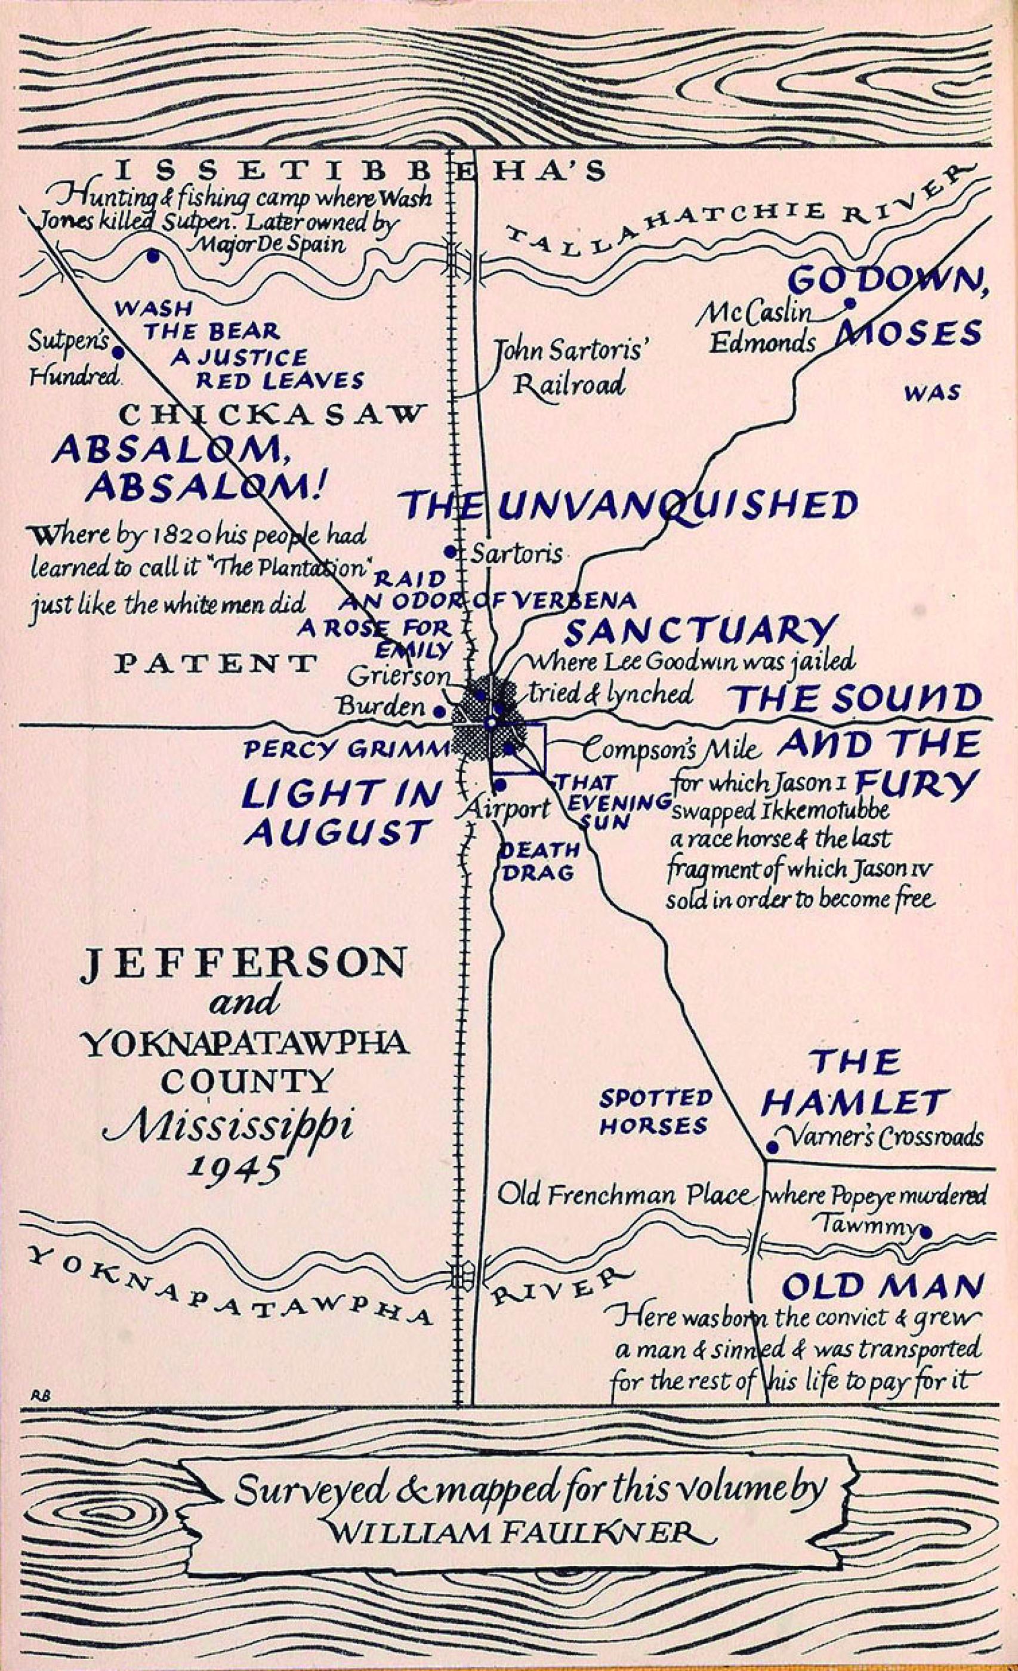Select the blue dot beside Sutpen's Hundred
[118, 353]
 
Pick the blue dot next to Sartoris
[449, 552]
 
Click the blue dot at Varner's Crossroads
[771, 1148]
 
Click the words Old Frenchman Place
[625, 1195]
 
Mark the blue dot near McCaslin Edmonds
[848, 303]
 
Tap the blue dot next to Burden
[439, 711]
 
